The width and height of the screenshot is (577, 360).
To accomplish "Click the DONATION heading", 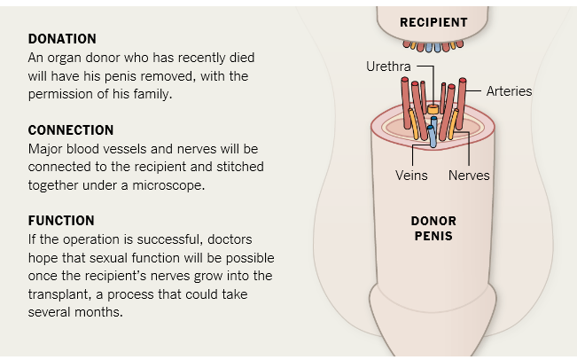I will (x=62, y=39).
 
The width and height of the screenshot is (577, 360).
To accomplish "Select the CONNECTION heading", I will (x=71, y=130).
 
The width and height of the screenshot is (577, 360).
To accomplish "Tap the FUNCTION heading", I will (x=61, y=221).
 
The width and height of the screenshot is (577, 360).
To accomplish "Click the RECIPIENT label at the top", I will (x=433, y=21).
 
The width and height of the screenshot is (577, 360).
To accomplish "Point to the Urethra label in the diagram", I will (x=387, y=67).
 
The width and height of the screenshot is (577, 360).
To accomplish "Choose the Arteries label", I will (x=509, y=90).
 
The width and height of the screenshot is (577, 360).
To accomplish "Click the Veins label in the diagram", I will (x=411, y=175).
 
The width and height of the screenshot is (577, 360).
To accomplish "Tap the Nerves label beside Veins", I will (x=469, y=175).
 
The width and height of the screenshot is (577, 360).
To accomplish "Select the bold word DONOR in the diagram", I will (x=433, y=221).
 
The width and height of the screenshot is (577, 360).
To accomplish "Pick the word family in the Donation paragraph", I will (x=151, y=93).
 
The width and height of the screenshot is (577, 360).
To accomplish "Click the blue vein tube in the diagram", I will (x=433, y=135).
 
